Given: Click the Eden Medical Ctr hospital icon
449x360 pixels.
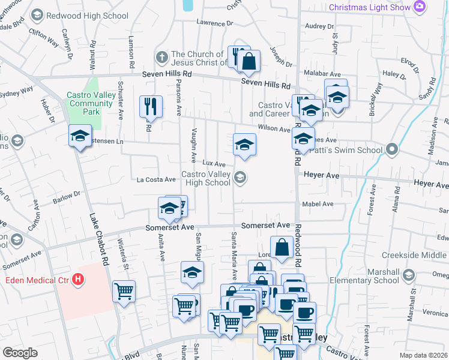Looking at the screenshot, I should click(x=77, y=280).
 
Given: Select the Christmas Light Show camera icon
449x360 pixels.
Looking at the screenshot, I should click(x=420, y=7).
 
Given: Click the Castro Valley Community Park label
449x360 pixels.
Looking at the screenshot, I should click(x=90, y=103).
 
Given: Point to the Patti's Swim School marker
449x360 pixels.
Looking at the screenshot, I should click(x=393, y=149).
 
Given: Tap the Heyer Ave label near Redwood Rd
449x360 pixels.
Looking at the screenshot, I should click(x=322, y=176).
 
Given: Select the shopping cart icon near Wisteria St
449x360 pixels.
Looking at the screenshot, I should click(x=124, y=292).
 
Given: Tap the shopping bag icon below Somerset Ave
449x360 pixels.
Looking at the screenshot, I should click(x=281, y=247).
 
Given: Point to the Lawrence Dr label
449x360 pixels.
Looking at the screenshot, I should click(x=214, y=22).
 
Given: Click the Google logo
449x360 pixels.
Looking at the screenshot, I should click(x=20, y=353).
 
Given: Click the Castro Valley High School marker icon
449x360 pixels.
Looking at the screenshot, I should click(x=240, y=176).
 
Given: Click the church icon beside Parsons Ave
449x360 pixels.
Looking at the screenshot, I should click(x=161, y=58).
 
